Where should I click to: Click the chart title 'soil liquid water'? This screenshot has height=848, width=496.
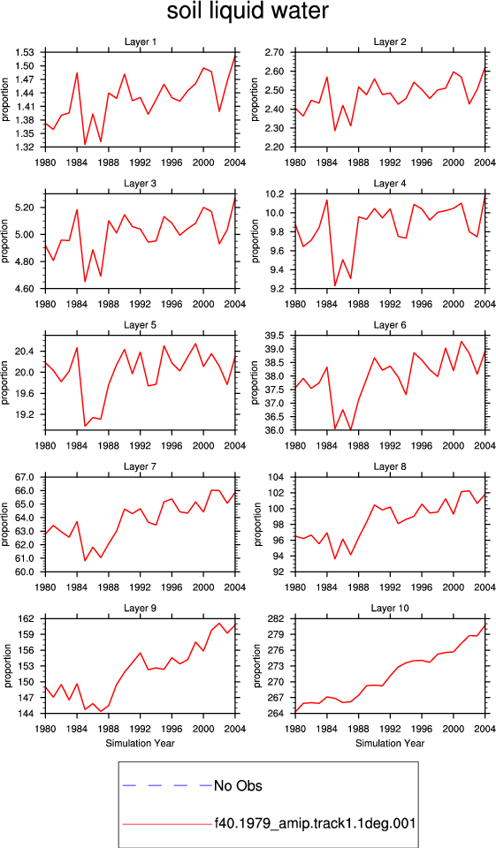coord(248,11)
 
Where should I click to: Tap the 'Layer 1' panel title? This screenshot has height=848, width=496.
coord(141,42)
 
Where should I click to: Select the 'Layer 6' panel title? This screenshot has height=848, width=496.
coord(390,325)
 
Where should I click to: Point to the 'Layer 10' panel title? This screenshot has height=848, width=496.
coord(390,609)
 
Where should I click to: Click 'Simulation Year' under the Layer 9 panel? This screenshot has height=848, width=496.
coord(141,744)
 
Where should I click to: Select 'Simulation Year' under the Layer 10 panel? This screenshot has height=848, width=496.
coord(390,744)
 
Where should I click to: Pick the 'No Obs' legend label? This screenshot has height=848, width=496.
coord(238,786)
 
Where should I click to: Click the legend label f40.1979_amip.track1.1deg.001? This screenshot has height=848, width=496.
coord(315,823)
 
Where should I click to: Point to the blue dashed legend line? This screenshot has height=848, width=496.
coord(167,785)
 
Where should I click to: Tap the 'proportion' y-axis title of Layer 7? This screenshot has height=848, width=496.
coord(4,524)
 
